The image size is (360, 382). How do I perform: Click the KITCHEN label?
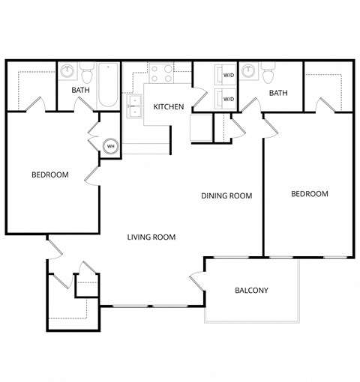click(169, 107)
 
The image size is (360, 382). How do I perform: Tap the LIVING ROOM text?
click(151, 237)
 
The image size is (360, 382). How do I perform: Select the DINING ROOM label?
click(226, 195)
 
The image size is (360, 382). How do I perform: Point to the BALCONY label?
click(251, 291)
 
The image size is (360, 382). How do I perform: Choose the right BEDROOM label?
click(309, 194)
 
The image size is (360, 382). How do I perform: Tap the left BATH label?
click(80, 91)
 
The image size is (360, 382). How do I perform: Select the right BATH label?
click(278, 93)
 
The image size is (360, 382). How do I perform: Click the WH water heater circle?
click(110, 145)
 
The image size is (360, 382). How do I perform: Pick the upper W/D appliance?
click(226, 75)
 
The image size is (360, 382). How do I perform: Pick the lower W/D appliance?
click(226, 98)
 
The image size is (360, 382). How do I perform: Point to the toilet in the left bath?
click(87, 75)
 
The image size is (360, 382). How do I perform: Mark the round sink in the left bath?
click(68, 72)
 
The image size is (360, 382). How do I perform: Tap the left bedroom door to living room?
click(91, 175)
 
